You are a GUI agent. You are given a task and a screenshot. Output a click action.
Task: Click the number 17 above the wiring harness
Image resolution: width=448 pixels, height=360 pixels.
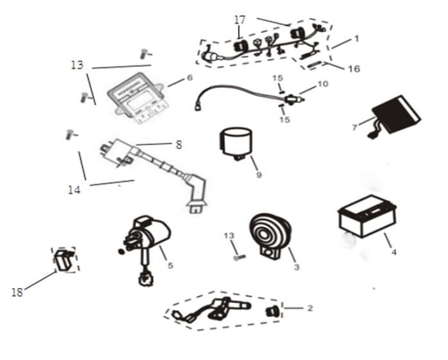(239, 20)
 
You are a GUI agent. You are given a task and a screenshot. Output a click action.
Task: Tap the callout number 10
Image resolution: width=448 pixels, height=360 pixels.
(322, 84)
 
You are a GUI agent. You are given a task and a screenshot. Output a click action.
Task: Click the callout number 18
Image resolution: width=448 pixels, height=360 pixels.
(18, 293)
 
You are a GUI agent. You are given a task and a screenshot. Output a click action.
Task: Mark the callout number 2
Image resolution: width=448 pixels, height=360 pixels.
(309, 309)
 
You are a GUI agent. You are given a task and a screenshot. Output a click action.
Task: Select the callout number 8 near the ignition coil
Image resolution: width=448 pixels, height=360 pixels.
(178, 145)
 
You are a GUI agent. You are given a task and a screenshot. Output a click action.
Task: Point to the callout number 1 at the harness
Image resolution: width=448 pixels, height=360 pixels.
(356, 39)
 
